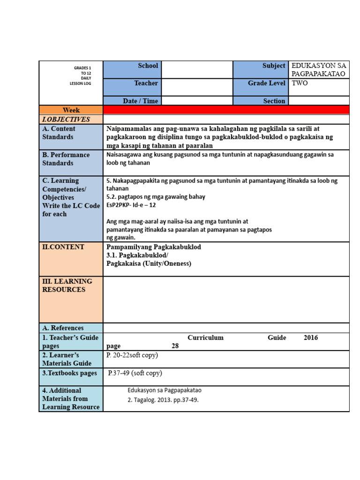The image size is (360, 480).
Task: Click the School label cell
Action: pyautogui.click(x=132, y=69)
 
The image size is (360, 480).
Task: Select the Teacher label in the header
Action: pyautogui.click(x=132, y=87)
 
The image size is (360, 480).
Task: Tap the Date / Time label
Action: pyautogui.click(x=132, y=101)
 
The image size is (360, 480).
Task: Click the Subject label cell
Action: pyautogui.click(x=261, y=69)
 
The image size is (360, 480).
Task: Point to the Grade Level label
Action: pyautogui.click(x=261, y=87)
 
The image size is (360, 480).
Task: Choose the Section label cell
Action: pyautogui.click(x=261, y=101)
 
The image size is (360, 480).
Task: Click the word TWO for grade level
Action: pyautogui.click(x=300, y=83)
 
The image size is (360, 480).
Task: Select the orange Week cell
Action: pyautogui.click(x=71, y=110)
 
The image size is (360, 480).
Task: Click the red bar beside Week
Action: pyautogui.click(x=226, y=110)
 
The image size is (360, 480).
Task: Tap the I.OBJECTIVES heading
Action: pyautogui.click(x=66, y=120)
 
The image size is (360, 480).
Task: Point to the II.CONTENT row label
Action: pyautogui.click(x=63, y=247)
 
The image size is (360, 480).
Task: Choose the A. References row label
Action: pyautogui.click(x=63, y=328)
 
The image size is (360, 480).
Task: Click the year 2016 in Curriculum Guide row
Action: pyautogui.click(x=310, y=337)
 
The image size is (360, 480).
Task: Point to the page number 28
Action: pyautogui.click(x=175, y=346)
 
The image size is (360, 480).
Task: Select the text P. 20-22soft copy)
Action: pyautogui.click(x=132, y=355)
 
